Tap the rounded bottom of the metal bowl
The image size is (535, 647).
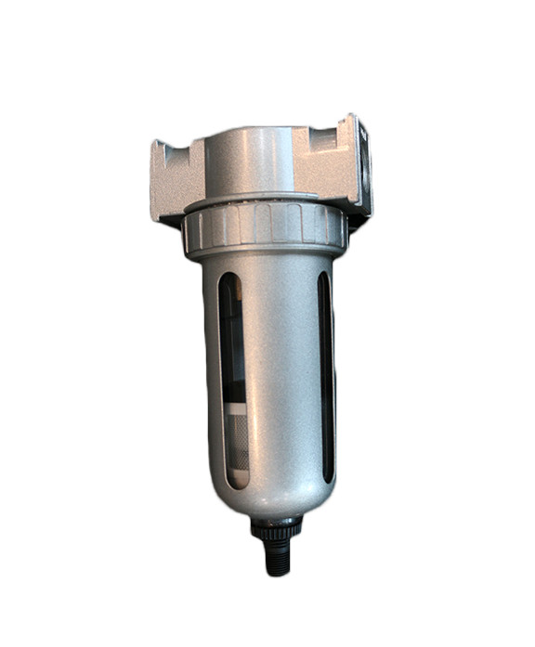269,497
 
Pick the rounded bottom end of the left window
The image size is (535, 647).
233,484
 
